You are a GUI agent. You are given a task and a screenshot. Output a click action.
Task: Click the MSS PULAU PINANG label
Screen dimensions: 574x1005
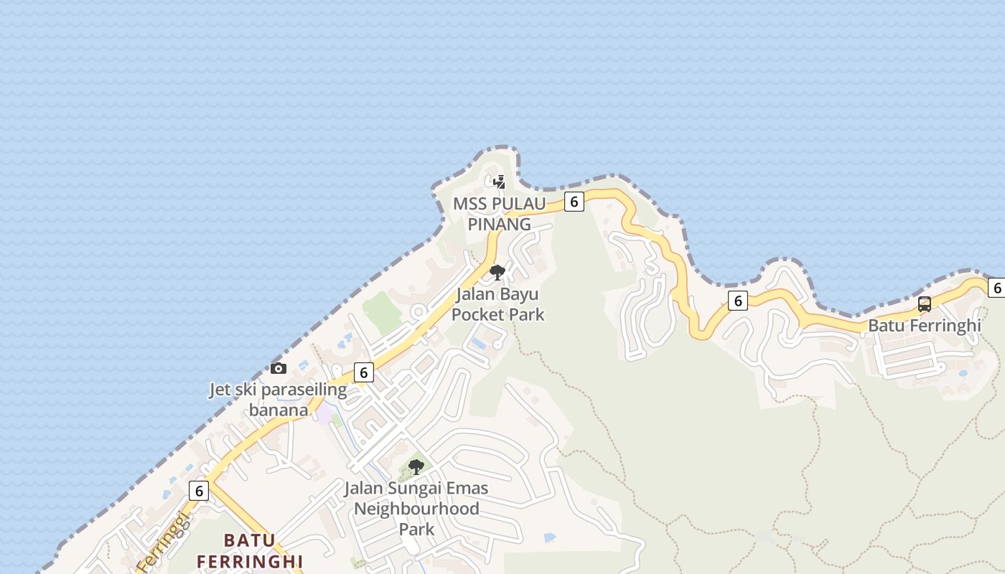click(x=500, y=214)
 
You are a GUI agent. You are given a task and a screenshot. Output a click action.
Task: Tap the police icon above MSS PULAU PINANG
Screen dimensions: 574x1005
click(x=499, y=182)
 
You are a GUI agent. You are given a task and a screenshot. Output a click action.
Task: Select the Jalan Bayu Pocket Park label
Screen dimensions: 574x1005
click(x=497, y=304)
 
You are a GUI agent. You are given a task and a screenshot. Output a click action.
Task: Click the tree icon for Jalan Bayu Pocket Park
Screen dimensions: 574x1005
click(x=497, y=272)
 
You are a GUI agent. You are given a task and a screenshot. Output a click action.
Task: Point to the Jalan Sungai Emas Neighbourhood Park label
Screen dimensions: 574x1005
click(x=416, y=509)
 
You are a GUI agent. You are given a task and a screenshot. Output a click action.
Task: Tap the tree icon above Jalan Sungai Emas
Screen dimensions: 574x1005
click(x=416, y=467)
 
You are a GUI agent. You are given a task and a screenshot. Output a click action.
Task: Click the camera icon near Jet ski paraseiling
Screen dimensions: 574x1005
click(x=279, y=368)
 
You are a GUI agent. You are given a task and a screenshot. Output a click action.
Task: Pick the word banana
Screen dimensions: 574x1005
click(x=279, y=410)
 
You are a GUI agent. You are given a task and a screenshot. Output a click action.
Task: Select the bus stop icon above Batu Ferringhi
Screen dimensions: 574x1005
click(x=925, y=304)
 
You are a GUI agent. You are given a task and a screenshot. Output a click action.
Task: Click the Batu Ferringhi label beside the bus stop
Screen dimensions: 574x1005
click(x=925, y=325)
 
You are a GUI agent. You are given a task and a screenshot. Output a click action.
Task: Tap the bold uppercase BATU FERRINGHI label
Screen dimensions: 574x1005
click(x=250, y=550)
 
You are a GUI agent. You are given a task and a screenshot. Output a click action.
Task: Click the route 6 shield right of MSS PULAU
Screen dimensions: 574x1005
click(x=574, y=202)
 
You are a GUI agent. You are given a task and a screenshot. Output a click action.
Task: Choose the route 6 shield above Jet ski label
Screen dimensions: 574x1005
click(x=364, y=372)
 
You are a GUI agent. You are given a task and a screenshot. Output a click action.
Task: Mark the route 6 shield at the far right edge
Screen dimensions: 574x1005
click(x=996, y=288)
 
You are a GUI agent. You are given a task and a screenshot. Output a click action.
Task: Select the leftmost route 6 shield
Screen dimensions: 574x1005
click(x=199, y=491)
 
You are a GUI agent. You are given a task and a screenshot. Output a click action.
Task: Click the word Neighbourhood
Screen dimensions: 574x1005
click(x=416, y=509)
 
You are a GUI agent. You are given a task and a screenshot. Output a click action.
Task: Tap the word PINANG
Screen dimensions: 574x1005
click(x=500, y=224)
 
